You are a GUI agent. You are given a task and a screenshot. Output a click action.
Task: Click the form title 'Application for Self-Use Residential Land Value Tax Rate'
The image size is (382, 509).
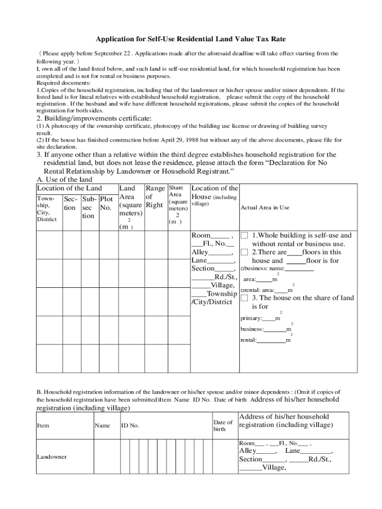191,39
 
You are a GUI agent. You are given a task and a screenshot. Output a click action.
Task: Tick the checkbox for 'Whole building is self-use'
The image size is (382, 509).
244,236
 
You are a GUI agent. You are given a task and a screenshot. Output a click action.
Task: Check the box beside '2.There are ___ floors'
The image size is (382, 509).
244,252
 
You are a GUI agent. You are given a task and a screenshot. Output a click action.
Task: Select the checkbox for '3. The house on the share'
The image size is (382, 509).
244,298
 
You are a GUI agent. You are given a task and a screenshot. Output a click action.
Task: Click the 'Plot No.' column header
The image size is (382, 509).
106,204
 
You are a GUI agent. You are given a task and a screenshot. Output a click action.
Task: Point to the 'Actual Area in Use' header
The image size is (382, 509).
265,207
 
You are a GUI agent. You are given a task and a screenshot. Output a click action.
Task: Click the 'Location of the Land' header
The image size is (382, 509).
69,188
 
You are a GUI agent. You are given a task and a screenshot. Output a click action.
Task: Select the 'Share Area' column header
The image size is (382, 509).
176,191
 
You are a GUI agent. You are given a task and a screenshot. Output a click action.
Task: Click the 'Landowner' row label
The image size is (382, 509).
52,456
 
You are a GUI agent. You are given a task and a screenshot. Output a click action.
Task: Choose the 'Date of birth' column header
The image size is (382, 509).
223,425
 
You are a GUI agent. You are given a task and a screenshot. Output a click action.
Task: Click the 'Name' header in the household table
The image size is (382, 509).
102,425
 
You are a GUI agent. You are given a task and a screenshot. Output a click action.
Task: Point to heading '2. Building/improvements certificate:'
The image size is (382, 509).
94,118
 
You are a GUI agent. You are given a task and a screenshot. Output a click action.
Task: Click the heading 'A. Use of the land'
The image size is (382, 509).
64,179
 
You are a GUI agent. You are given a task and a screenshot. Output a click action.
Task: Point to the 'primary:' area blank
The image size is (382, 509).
268,318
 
